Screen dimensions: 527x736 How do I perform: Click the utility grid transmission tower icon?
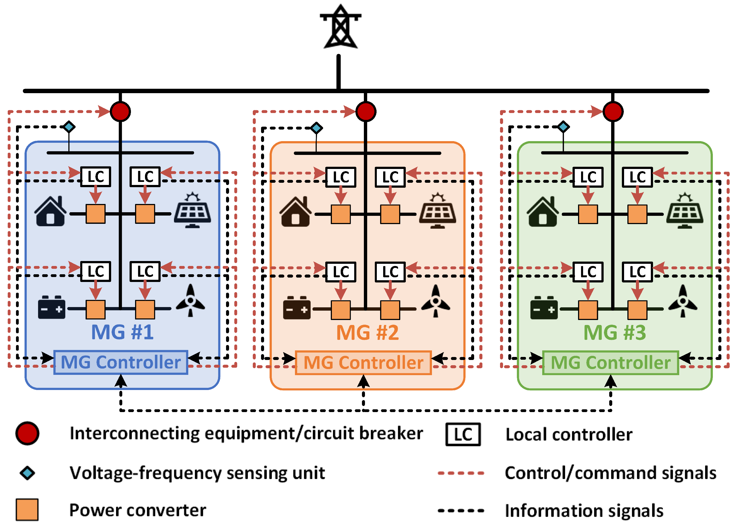(x=340, y=27)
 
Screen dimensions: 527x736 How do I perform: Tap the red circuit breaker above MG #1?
(x=120, y=112)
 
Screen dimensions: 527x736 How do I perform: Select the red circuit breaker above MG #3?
(x=613, y=112)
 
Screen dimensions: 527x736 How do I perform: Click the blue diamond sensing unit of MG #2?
(x=316, y=128)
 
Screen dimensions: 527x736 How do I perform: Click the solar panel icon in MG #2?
(x=437, y=211)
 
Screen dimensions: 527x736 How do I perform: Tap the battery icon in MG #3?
(x=544, y=308)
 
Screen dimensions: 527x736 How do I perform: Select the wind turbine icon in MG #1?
(x=190, y=300)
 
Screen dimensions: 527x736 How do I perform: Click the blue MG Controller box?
(x=121, y=362)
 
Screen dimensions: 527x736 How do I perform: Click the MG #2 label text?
(x=367, y=333)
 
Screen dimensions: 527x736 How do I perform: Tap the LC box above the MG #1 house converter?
(x=96, y=177)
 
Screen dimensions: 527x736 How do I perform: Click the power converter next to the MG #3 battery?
(x=588, y=310)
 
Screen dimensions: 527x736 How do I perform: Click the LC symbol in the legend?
(x=463, y=434)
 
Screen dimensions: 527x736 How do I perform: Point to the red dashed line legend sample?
(x=461, y=473)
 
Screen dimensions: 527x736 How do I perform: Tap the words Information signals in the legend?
(x=584, y=510)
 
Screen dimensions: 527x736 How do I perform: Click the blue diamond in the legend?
(x=27, y=473)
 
